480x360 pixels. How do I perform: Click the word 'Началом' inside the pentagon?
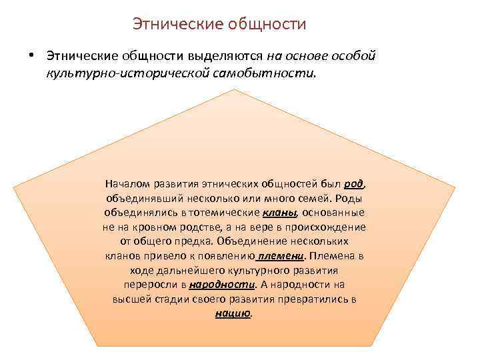127,183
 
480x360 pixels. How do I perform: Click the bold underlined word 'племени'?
281,256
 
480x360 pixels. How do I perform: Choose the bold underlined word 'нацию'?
233,314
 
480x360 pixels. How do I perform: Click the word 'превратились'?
319,299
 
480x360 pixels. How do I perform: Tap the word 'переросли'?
149,285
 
